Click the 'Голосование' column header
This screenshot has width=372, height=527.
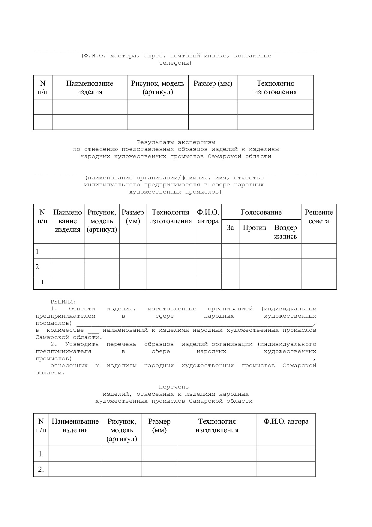coord(261,212)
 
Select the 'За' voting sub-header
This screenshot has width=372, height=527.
coord(230,228)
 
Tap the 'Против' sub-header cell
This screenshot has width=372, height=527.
coord(254,228)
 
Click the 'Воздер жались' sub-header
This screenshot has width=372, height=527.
coord(285,232)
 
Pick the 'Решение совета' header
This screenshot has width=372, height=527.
coord(319,217)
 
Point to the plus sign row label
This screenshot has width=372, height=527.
coord(42,282)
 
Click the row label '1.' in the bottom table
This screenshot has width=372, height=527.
coord(41,454)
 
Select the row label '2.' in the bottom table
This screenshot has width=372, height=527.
coord(41,469)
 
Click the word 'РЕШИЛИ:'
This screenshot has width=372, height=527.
coord(63,301)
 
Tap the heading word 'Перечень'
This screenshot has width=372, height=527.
coord(174,387)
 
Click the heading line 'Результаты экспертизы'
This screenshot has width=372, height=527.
coord(176,142)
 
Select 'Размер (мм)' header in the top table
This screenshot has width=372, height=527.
coord(213,84)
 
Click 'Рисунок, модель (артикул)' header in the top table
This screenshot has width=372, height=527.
coord(158,87)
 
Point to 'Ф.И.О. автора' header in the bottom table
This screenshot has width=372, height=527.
coord(286,422)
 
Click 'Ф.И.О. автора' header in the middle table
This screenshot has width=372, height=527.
coord(208,217)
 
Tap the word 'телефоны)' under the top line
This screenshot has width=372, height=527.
coord(175,63)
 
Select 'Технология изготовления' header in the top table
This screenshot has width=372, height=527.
coord(275,87)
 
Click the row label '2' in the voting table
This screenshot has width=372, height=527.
coord(37,267)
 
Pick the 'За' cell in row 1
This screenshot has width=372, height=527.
coord(230,251)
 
